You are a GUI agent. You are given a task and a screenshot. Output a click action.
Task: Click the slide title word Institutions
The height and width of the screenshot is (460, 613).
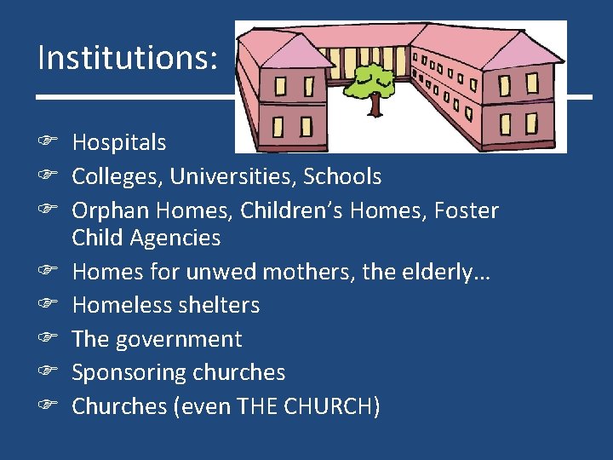[x=125, y=58]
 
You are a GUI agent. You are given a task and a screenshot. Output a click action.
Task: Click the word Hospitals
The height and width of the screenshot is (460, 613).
[x=118, y=143]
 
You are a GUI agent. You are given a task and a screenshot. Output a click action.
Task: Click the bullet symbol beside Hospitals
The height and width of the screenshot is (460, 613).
[x=48, y=143]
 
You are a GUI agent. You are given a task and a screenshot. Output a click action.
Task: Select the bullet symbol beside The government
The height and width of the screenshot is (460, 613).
[x=48, y=339]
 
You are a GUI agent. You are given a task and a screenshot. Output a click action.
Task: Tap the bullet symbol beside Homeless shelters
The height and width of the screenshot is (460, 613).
[x=48, y=305]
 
